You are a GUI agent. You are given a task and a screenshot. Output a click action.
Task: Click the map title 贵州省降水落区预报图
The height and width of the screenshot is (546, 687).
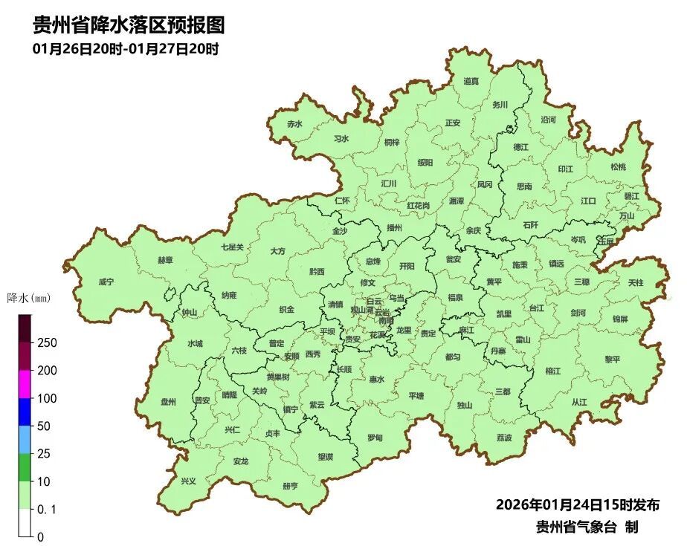129,26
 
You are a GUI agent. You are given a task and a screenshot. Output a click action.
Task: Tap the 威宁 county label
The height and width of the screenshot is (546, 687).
106,282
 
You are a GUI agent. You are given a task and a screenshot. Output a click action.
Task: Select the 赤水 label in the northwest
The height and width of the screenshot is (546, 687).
295,124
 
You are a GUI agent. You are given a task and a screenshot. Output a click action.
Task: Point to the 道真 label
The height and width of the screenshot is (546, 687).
471,82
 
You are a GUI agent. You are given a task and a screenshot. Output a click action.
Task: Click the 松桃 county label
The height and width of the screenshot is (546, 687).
619,167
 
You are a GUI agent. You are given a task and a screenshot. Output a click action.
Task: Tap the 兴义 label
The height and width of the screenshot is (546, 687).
189,481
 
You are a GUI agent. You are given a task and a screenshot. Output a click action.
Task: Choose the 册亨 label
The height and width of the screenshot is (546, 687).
290,486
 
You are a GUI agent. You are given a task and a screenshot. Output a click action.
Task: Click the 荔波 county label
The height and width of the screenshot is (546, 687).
504,438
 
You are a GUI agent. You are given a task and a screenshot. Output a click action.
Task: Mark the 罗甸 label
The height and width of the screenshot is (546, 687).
375,438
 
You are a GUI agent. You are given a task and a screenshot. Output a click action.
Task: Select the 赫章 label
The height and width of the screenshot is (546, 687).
165,260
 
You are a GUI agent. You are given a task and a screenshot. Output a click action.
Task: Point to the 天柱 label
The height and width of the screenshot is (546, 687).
635,283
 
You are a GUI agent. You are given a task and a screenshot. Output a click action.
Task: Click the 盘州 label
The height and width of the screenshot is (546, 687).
169,402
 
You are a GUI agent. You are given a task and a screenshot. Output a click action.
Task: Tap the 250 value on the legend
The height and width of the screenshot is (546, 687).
47,343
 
